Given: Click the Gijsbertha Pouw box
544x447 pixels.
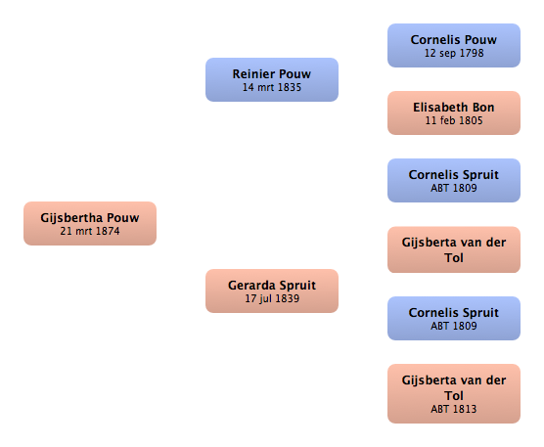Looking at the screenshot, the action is (90, 223).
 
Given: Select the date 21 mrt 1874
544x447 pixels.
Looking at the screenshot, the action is (90, 231).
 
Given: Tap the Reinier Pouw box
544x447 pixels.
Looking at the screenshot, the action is (272, 80).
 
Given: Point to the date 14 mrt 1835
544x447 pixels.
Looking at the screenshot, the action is (272, 87).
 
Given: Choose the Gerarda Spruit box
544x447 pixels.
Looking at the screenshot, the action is (272, 291).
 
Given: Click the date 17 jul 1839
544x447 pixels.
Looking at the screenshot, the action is (272, 298).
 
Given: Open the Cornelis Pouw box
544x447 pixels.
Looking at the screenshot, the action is (454, 45).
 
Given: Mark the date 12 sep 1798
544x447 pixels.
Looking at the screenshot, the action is (454, 53).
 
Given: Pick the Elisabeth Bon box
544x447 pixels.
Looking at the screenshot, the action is (454, 113).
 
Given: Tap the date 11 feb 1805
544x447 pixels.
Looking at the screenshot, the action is (454, 120).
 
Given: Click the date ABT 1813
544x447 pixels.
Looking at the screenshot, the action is (454, 409).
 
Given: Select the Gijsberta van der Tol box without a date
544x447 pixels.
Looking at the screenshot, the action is (454, 249).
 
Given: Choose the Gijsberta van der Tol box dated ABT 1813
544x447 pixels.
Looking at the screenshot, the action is (454, 393).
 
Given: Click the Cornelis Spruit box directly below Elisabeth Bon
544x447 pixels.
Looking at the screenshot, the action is (454, 180).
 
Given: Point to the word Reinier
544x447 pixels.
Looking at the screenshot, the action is (253, 74).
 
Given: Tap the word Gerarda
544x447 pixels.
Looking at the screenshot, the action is (251, 285).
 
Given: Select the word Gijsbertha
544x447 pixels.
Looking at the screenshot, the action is (71, 218).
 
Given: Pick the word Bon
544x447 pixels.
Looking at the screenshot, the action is (483, 108).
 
